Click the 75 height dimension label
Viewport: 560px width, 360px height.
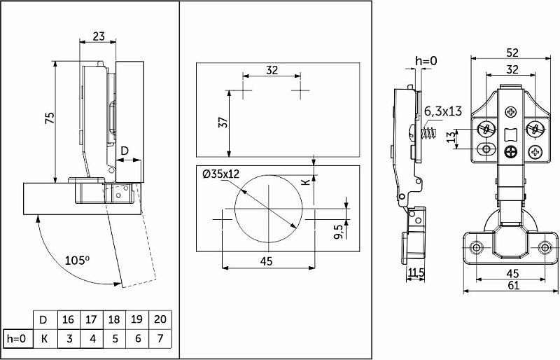(x=50, y=118)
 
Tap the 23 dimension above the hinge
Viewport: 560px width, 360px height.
(x=99, y=36)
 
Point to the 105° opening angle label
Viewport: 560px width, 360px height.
(x=77, y=260)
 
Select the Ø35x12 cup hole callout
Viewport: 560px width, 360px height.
(x=220, y=174)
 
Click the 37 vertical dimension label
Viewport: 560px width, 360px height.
(x=223, y=123)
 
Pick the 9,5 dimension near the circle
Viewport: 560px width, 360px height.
(x=339, y=230)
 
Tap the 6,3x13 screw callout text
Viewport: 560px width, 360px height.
(x=443, y=111)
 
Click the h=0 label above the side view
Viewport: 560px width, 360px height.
(x=426, y=61)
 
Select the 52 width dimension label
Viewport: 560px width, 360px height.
(x=512, y=53)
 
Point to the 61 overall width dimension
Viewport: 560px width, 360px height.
(x=512, y=285)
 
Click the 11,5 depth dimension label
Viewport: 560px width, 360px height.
(x=416, y=272)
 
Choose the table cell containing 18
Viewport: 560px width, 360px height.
(x=114, y=319)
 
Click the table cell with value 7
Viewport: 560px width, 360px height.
(x=160, y=338)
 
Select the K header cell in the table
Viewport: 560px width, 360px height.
(x=44, y=338)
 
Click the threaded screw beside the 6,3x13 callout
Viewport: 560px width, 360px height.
(x=429, y=134)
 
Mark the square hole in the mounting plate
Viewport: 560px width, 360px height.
(x=511, y=134)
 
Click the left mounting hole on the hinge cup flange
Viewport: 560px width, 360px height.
(x=476, y=247)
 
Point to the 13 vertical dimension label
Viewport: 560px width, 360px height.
(x=452, y=136)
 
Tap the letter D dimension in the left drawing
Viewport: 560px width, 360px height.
(x=125, y=151)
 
